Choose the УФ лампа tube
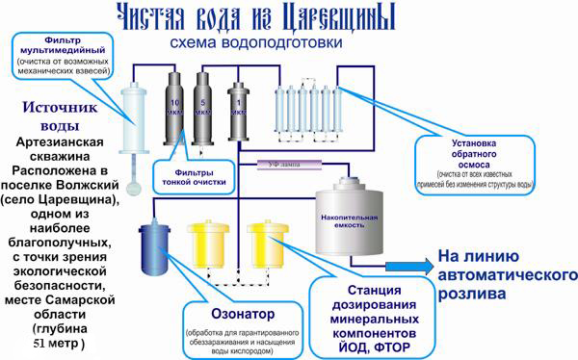(289, 164)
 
